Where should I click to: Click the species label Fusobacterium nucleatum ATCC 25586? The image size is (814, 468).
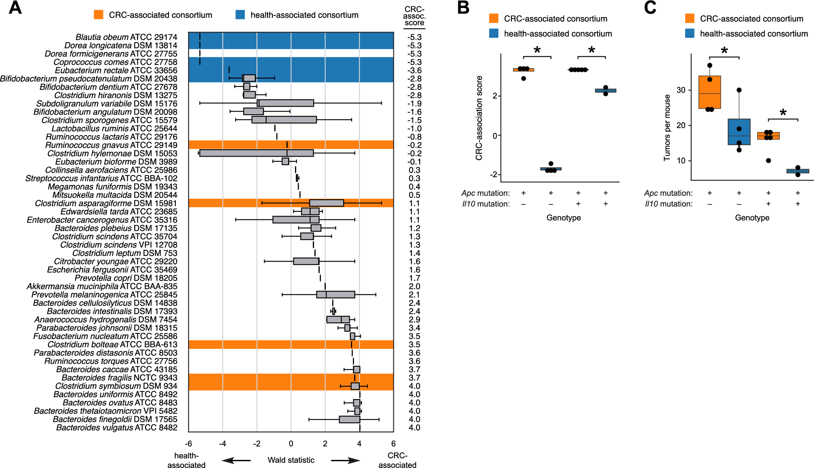[105, 336]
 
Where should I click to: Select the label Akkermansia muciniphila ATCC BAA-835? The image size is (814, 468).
[102, 286]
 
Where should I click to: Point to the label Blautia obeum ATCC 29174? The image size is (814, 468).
[126, 37]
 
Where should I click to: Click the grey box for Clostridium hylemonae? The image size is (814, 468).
[256, 153]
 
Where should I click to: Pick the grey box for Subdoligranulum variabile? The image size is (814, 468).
[285, 103]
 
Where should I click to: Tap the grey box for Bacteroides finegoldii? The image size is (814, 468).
[349, 419]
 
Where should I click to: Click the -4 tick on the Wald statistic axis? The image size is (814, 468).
[222, 444]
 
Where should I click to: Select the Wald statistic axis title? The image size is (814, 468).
[291, 460]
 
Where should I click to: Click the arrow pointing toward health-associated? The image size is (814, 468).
[236, 460]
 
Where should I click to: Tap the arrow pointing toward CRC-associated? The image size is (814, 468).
[345, 460]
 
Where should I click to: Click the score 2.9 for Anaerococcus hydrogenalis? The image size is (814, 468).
[414, 320]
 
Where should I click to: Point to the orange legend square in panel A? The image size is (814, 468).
[98, 15]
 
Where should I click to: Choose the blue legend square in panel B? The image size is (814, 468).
[494, 34]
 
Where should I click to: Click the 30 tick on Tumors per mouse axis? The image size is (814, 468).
[681, 90]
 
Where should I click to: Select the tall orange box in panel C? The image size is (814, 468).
[709, 92]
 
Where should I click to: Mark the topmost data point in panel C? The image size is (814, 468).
[709, 65]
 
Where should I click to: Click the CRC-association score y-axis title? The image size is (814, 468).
[479, 118]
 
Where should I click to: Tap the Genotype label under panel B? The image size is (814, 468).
[563, 218]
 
